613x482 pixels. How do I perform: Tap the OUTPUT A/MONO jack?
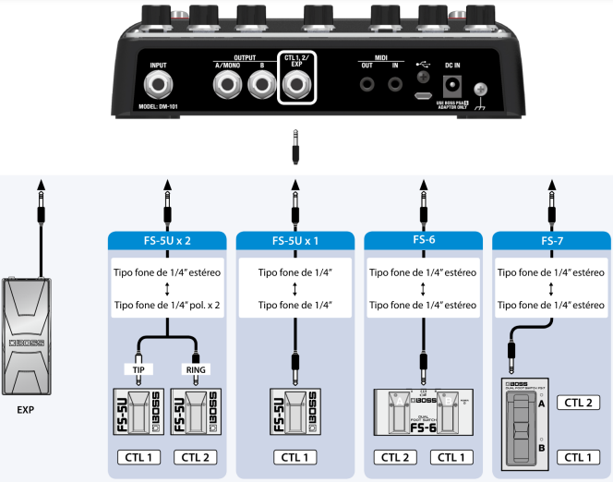coord(226,90)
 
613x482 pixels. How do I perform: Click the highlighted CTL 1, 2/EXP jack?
coord(296,90)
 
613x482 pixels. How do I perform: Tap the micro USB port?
coord(424,94)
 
